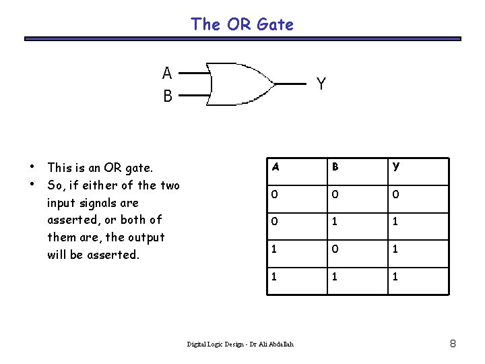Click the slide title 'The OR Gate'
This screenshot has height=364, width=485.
242,24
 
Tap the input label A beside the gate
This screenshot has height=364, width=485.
167,72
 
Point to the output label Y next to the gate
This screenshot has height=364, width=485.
321,84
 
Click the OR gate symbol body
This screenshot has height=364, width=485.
239,84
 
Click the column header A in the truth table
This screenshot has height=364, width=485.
274,166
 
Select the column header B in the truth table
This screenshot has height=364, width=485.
334,166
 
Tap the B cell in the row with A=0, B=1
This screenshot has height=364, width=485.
334,220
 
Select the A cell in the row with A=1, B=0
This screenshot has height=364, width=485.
274,248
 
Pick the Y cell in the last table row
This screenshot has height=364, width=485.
395,276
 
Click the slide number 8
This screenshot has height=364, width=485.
453,344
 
